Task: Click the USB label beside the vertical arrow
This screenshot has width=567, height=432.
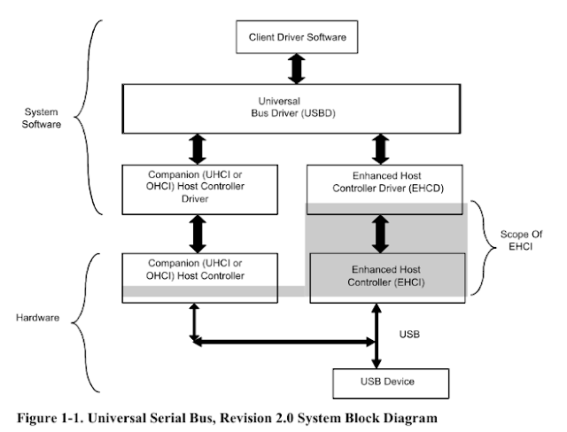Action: coord(408,336)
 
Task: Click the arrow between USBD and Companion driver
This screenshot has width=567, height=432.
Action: coord(196,146)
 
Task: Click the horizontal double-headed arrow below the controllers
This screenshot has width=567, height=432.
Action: coord(283,341)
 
